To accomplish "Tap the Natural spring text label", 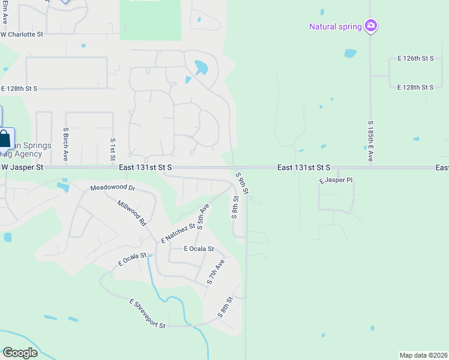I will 335,26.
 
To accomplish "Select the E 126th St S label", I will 415,59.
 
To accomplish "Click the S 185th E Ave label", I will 370,140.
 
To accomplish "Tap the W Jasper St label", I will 22,168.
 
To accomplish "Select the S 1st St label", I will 112,149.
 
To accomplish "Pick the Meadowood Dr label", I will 113,188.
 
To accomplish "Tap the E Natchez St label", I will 178,233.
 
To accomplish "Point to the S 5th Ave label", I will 203,217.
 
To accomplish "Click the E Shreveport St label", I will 147,313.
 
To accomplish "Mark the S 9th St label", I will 242,184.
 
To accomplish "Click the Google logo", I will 20,353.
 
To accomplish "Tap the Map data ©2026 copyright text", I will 423,355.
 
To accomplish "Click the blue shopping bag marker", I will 5,139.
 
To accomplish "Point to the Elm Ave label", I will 4,11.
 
